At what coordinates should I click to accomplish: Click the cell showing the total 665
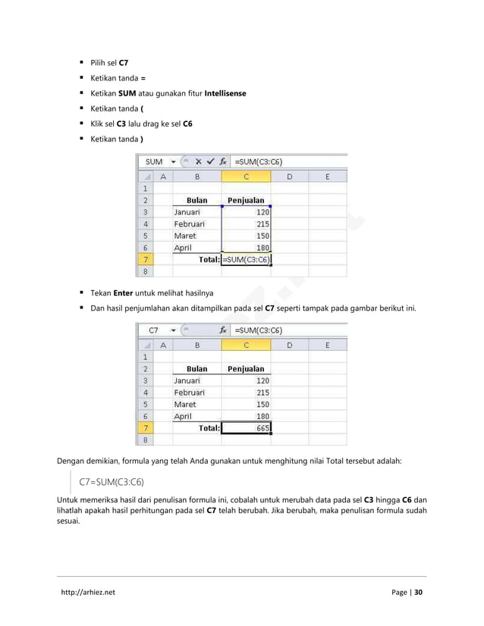247,427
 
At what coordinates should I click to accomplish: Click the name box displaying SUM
154,161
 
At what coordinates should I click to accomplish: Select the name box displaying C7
154,330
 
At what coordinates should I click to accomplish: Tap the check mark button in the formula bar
209,161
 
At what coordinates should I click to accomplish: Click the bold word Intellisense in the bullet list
220,94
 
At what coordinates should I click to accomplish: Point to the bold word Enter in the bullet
124,292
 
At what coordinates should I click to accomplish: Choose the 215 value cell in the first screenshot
247,224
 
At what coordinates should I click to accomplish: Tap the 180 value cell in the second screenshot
247,416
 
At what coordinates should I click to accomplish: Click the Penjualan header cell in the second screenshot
247,369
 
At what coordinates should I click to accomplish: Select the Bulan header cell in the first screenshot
196,201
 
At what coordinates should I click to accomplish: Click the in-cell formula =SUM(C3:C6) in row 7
247,259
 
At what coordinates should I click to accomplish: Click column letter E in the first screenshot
327,177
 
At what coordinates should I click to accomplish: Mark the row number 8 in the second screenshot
144,440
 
